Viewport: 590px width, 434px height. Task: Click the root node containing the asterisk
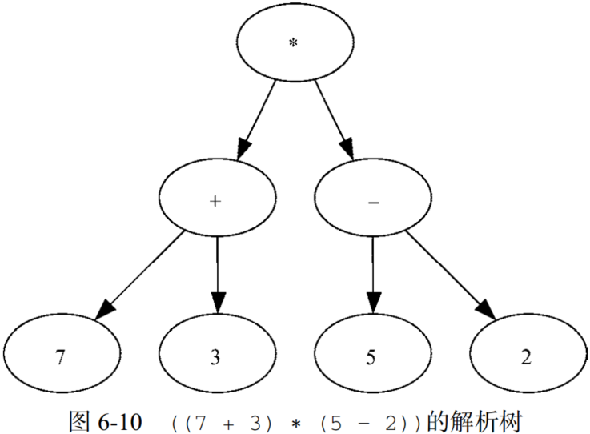tap(294, 42)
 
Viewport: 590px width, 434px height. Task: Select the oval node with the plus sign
tap(215, 201)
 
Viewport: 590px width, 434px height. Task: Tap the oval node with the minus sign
tap(372, 201)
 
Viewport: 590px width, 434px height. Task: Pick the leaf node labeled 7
tap(60, 356)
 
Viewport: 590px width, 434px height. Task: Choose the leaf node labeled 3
tap(215, 356)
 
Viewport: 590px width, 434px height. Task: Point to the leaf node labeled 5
tap(371, 356)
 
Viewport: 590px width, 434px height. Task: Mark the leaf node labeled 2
tap(526, 356)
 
